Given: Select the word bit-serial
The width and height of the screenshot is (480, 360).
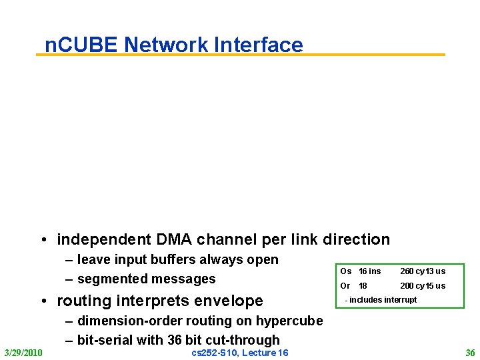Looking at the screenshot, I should click(103, 340).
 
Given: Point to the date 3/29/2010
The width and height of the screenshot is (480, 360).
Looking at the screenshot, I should click(23, 352).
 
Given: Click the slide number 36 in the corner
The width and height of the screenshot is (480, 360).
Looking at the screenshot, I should click(470, 352).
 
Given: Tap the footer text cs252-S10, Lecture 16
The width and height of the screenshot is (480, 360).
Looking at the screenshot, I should click(240, 352).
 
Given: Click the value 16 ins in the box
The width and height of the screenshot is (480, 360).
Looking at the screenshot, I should click(370, 271).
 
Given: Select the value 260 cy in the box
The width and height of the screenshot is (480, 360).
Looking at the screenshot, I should click(411, 271).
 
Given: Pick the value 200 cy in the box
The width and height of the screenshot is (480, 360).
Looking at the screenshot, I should click(411, 286).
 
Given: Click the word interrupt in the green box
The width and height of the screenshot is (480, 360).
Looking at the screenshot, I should click(400, 300).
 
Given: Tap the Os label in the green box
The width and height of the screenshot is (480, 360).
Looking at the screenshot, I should click(345, 271).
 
